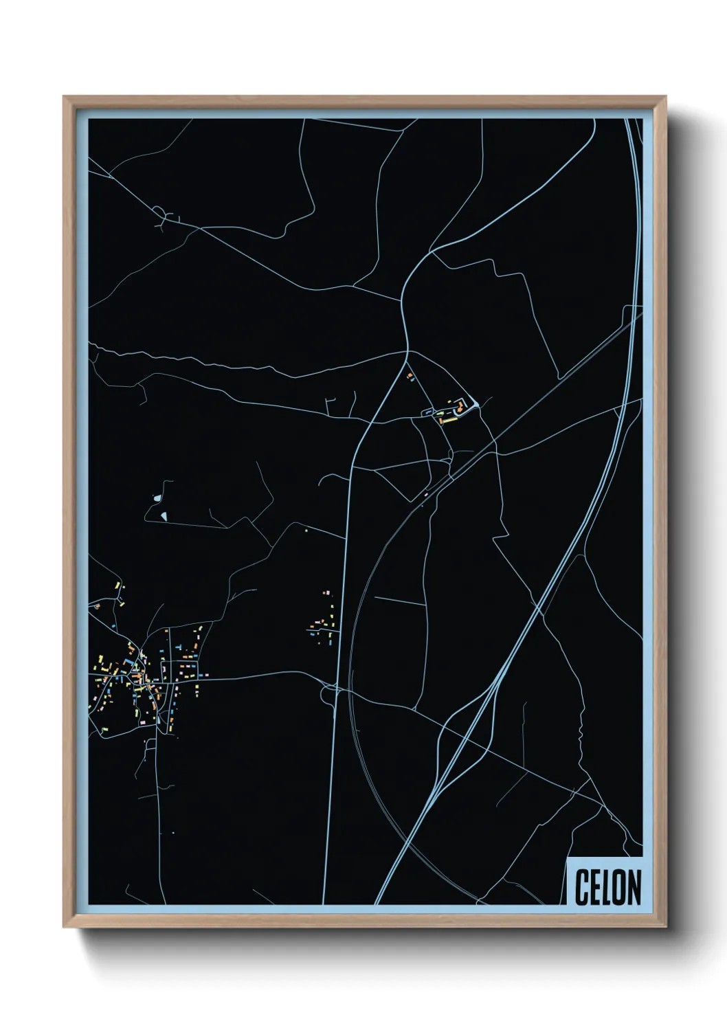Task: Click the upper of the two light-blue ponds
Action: pos(157,497)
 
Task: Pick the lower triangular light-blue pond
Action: pos(164,515)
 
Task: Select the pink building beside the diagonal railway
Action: pos(426,493)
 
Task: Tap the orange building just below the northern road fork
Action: pos(410,376)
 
